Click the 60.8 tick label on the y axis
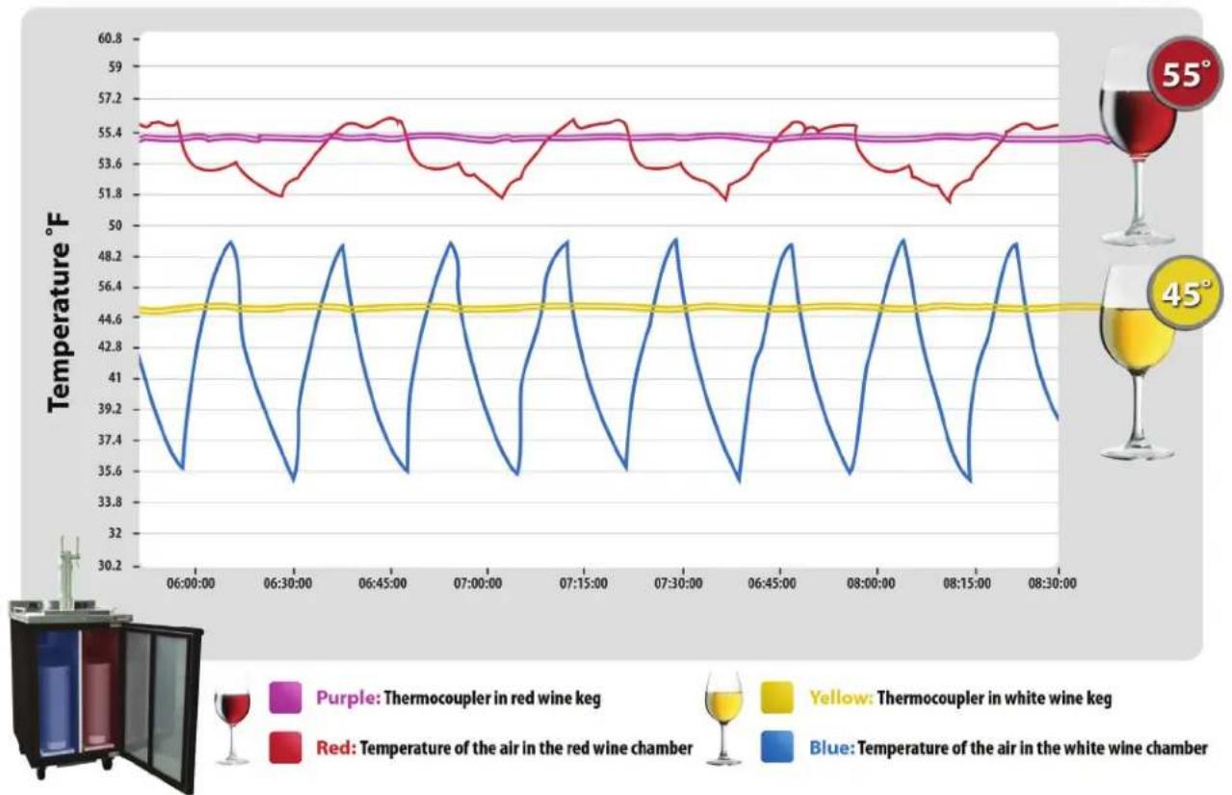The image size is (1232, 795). point(110,38)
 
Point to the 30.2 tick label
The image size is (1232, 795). point(110,565)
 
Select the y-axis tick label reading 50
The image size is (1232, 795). point(115,225)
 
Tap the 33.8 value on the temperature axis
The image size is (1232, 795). point(110,502)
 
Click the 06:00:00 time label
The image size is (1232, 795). point(191,583)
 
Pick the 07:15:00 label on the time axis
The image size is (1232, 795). point(584,583)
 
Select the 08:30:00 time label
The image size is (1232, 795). point(1052,583)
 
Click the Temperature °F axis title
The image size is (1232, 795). point(59,313)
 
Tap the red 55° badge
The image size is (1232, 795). point(1184,73)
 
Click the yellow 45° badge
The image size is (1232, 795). point(1184,294)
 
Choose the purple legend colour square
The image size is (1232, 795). point(285,698)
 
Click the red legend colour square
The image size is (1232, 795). point(285,747)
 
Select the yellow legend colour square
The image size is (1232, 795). point(777,698)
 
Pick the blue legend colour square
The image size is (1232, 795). point(777,747)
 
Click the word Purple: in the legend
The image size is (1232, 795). point(348,699)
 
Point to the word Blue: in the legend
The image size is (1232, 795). point(832,748)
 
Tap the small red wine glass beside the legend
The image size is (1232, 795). point(232,727)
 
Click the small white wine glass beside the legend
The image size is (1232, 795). point(723,717)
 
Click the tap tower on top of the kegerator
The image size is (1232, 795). point(69,573)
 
